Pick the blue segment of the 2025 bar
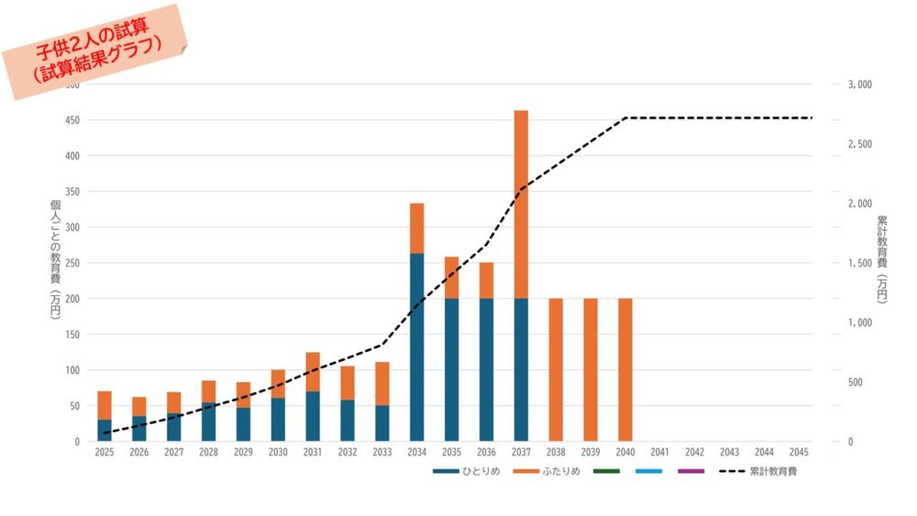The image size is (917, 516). coord(105,431)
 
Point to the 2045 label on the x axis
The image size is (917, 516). coord(799,453)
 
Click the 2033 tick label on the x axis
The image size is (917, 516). coord(382,453)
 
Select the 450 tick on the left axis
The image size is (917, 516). coord(72,120)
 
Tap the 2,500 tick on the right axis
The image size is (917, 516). coord(859,144)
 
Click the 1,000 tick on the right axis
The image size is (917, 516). coord(859,323)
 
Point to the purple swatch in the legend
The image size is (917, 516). coord(691,471)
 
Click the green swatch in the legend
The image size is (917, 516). coord(606,471)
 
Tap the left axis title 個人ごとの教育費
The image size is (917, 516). coord(55,259)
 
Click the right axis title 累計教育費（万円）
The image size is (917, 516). coord(881,259)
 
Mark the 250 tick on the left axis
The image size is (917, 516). coord(72,263)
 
